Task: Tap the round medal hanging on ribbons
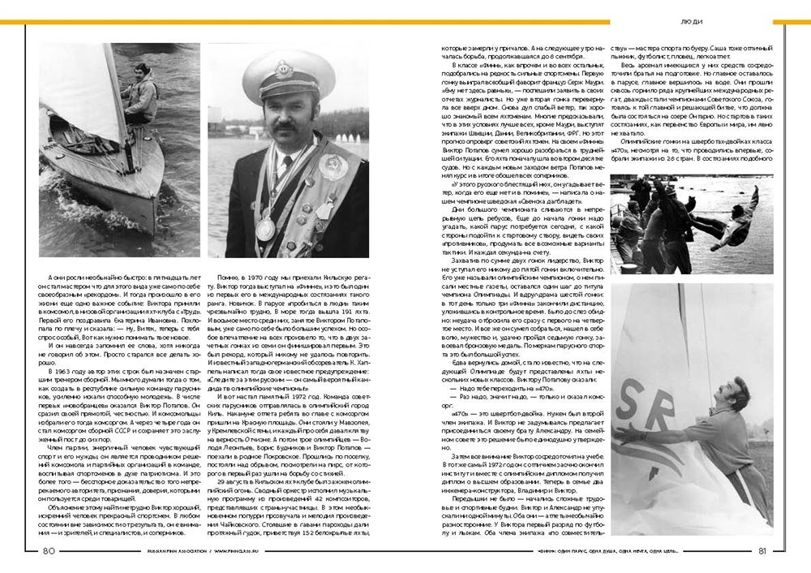(264, 229)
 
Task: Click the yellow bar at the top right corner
(791, 22)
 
